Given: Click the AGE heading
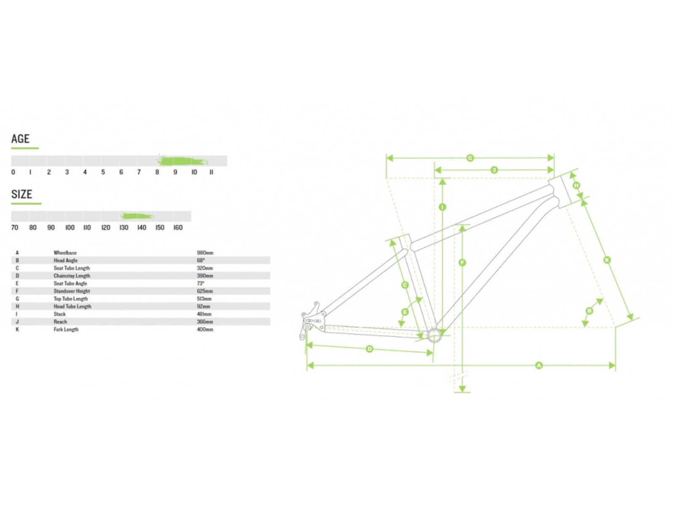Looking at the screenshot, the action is click(x=20, y=138).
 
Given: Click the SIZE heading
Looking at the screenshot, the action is click(x=21, y=194).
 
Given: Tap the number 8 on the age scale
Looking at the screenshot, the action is click(x=157, y=172).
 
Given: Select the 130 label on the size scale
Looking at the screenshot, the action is click(x=124, y=228).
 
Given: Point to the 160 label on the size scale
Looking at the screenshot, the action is click(x=178, y=228).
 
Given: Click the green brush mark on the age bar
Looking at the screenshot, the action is click(x=182, y=161).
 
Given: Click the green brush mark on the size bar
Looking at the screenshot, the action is click(x=137, y=216).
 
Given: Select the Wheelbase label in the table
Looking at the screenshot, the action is click(x=65, y=252).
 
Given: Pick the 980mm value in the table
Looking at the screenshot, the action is click(x=205, y=252).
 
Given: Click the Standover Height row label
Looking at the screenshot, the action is click(x=72, y=291).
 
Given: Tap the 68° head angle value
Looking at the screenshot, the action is click(x=201, y=260).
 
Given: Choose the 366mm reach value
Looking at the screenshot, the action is click(x=205, y=322).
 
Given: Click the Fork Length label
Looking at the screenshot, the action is click(x=66, y=330).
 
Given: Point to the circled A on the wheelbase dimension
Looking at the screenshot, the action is click(x=538, y=365).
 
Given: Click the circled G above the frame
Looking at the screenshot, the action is click(x=470, y=158).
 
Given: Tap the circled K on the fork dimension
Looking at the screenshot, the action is click(x=607, y=260).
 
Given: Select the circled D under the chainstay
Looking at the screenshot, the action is click(x=369, y=349).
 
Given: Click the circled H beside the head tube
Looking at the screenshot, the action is click(x=576, y=185).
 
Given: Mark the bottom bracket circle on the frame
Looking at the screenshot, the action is click(x=434, y=335).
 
